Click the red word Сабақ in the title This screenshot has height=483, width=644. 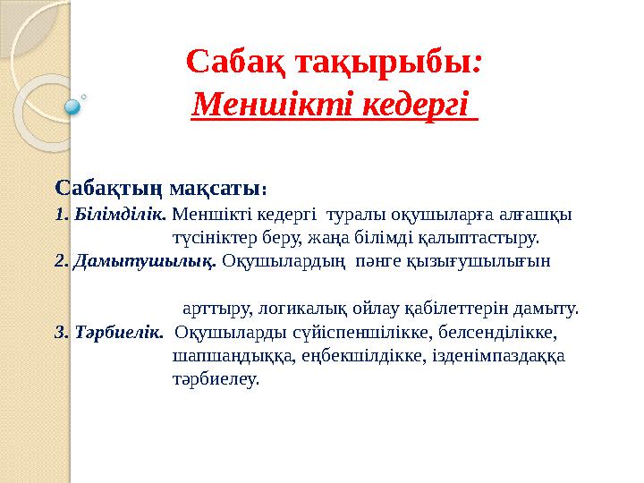click(x=236, y=63)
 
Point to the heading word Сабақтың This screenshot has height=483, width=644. click(x=109, y=190)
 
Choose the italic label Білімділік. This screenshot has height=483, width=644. click(x=120, y=214)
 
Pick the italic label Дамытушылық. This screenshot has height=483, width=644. click(x=145, y=262)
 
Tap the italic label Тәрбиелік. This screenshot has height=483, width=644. click(x=119, y=332)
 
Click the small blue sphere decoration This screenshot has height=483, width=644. click(x=72, y=107)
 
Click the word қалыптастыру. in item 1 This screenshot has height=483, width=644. click(x=478, y=239)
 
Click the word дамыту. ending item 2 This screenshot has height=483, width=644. click(x=546, y=309)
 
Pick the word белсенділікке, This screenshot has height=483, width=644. click(x=498, y=332)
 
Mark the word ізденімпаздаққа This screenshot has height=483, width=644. click(x=499, y=357)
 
